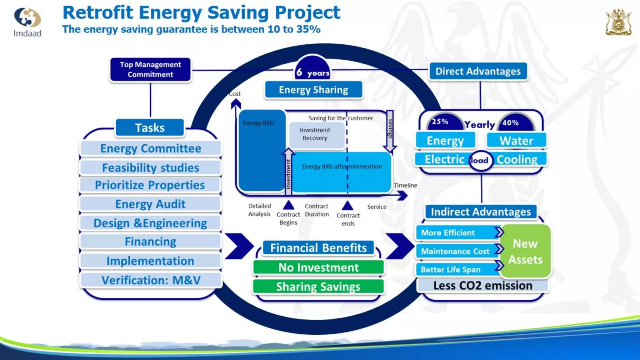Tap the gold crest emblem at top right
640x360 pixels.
click(x=618, y=22)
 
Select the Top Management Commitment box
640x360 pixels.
click(x=150, y=69)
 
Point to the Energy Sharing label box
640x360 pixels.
click(x=313, y=90)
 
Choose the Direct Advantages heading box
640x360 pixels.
click(x=478, y=72)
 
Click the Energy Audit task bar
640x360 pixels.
click(x=150, y=204)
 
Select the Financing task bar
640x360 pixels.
click(x=150, y=242)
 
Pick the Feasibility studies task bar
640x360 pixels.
click(x=150, y=168)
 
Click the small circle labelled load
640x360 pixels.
click(x=481, y=161)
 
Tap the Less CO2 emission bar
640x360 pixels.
click(x=482, y=286)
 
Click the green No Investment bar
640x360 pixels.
click(x=318, y=267)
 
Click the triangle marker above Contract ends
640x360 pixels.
click(x=347, y=206)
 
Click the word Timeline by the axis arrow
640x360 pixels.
click(x=405, y=185)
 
